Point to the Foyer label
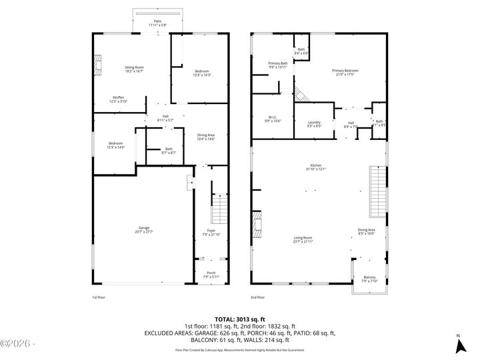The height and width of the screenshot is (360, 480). click(x=211, y=232)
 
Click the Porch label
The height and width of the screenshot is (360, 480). click(x=211, y=274)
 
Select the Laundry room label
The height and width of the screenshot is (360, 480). click(x=314, y=123)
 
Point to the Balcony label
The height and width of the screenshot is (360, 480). click(x=369, y=279)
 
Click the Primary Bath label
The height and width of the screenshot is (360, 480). click(x=278, y=65)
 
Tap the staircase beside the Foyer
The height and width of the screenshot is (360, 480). click(x=220, y=208)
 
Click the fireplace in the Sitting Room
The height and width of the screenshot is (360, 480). click(x=97, y=64)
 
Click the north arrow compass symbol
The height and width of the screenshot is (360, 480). click(x=459, y=344)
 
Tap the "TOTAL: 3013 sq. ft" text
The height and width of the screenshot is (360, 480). click(x=239, y=319)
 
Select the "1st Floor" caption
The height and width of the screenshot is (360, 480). click(x=99, y=297)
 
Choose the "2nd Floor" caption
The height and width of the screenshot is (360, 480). click(x=257, y=297)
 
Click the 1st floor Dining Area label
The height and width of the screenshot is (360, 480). click(x=206, y=137)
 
